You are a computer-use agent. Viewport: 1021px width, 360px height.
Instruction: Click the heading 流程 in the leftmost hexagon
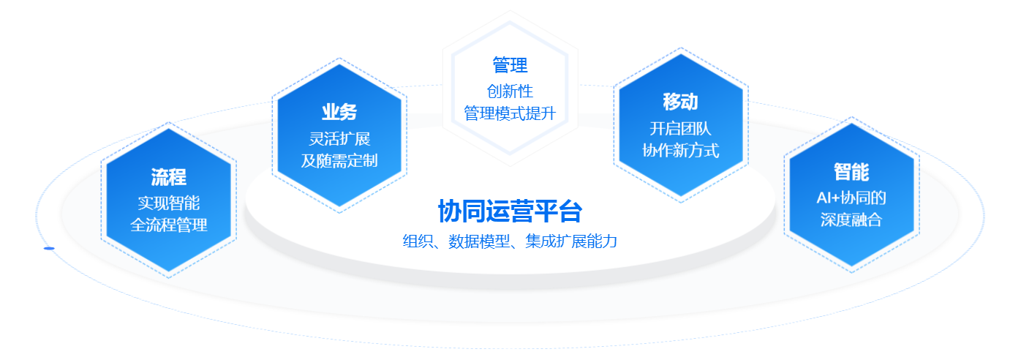click(169, 177)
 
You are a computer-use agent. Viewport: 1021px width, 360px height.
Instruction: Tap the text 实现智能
click(169, 203)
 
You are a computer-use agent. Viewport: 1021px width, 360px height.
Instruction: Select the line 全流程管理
click(169, 225)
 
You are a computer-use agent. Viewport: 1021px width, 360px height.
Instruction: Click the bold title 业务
click(339, 112)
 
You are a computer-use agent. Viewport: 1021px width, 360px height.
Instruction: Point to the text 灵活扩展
click(339, 139)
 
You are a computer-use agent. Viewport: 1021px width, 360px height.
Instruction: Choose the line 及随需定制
click(339, 160)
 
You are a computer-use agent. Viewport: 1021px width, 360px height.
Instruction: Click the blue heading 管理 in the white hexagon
click(510, 65)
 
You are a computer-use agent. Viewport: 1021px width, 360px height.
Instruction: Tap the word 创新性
click(510, 91)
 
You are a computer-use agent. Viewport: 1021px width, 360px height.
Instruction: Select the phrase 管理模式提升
click(510, 113)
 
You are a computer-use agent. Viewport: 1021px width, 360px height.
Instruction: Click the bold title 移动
click(680, 101)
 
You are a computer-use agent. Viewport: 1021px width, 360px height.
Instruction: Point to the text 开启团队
click(680, 129)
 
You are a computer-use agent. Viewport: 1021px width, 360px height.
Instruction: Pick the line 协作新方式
click(680, 151)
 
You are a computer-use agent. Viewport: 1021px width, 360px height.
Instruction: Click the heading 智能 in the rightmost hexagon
click(851, 171)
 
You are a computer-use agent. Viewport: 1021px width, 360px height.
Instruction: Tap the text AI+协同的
click(851, 198)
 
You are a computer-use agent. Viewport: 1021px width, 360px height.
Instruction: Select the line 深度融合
click(851, 220)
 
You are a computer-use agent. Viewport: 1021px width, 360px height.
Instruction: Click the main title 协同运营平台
click(510, 211)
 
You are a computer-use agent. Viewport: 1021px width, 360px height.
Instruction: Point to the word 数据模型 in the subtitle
click(479, 241)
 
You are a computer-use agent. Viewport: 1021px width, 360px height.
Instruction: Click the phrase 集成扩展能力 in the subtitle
click(571, 241)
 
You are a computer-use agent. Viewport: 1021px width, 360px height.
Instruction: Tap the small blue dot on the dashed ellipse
click(49, 248)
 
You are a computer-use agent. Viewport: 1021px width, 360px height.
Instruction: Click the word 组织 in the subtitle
click(418, 241)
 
